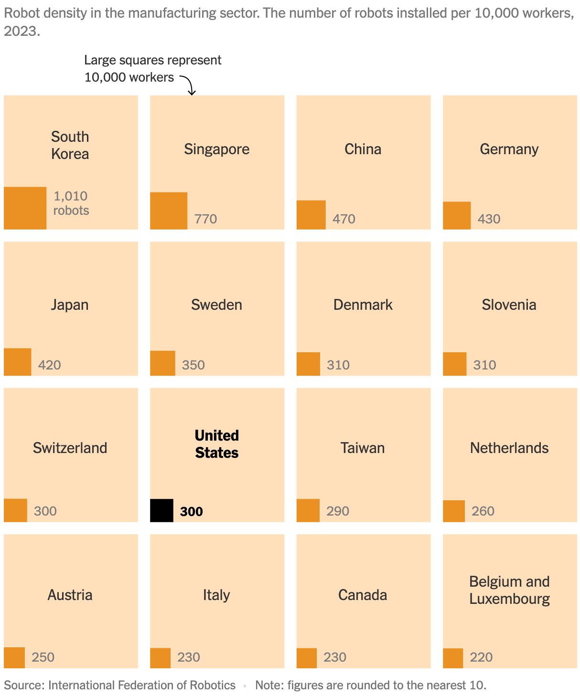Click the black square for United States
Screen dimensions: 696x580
[161, 510]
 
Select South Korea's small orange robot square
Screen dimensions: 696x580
[25, 208]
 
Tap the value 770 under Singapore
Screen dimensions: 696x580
[205, 219]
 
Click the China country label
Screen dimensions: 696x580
[363, 149]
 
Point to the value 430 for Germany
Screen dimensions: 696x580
[489, 219]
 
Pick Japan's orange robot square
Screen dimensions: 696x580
[18, 362]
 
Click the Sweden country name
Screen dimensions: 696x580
[216, 305]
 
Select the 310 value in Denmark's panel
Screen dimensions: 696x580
[338, 365]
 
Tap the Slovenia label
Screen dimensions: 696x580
[509, 305]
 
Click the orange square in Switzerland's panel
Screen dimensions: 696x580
[15, 510]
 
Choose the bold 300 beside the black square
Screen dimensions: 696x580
[192, 512]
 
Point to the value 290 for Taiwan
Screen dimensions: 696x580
[338, 511]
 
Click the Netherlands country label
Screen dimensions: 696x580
[509, 448]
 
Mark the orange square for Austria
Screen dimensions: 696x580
[14, 658]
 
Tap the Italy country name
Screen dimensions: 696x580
[216, 595]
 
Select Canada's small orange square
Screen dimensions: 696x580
[307, 658]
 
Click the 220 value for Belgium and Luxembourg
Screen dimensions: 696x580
[481, 657]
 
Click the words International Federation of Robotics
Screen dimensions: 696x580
[142, 685]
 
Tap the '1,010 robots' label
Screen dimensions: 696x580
[71, 203]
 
